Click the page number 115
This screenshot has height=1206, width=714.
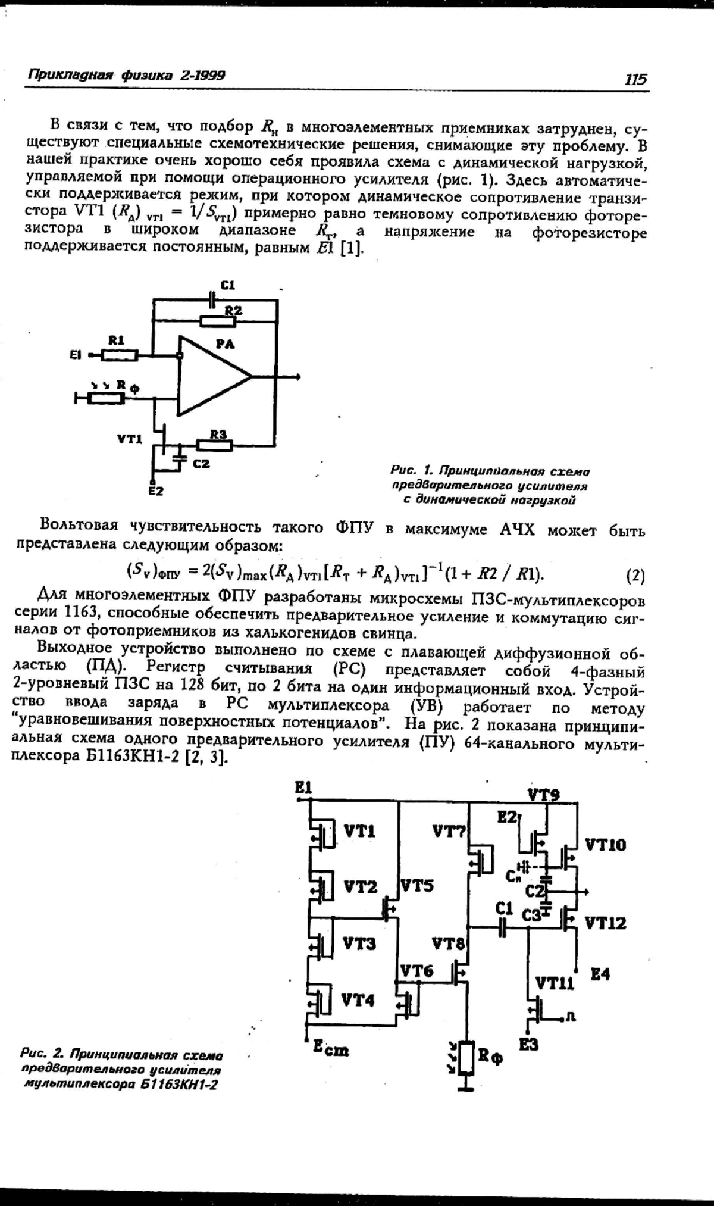point(635,79)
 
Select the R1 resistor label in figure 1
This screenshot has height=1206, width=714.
point(116,340)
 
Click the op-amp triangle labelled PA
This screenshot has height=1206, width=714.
point(211,376)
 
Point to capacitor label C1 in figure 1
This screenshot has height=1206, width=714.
point(228,286)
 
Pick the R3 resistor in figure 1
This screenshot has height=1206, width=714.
point(215,445)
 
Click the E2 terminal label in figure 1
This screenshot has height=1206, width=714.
point(156,491)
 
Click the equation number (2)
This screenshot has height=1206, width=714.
point(635,576)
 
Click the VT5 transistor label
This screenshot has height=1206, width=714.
point(417,885)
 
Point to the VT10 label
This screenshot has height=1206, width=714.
point(605,845)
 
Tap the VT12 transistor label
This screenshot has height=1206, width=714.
point(605,923)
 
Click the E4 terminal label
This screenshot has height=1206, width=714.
point(600,974)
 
